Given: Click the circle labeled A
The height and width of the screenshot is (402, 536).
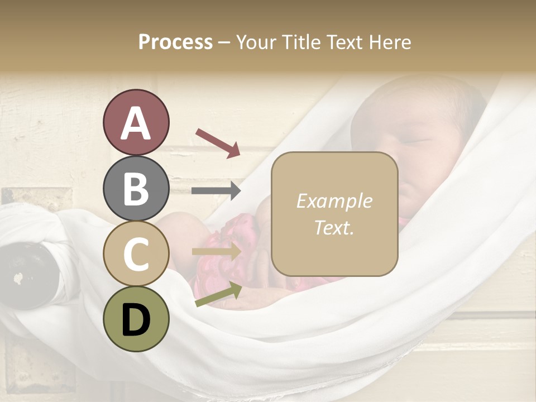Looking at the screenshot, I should pyautogui.click(x=136, y=123).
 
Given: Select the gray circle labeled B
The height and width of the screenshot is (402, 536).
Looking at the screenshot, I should pyautogui.click(x=136, y=188).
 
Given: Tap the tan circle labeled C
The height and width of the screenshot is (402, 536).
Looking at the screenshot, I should pyautogui.click(x=136, y=253).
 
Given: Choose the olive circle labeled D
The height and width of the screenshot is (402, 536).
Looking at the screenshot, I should pyautogui.click(x=136, y=319).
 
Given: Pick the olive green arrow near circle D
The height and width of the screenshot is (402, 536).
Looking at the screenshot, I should pyautogui.click(x=218, y=295).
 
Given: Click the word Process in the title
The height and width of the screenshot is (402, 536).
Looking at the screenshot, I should pyautogui.click(x=175, y=42).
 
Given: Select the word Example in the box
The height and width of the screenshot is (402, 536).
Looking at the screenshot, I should pyautogui.click(x=334, y=201).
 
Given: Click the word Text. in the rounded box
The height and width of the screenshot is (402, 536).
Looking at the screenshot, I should pyautogui.click(x=334, y=227).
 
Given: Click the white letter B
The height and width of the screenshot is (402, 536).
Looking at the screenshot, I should pyautogui.click(x=136, y=188).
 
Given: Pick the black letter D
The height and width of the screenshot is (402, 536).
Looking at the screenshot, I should pyautogui.click(x=136, y=319).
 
